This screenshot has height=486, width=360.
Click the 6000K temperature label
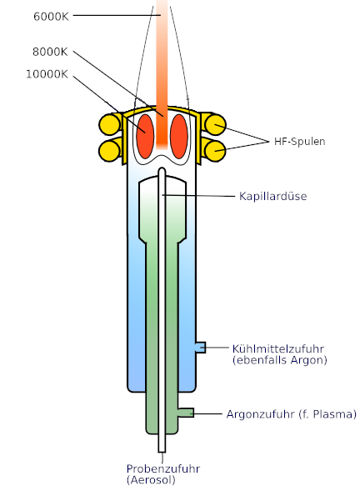coord(51,17)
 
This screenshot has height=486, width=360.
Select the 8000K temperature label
coord(50,52)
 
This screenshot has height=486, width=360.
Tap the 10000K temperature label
coord(47,74)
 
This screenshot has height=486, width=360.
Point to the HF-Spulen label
coord(300,142)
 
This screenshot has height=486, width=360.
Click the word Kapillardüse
coord(273,196)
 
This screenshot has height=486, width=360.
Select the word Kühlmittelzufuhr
coord(278,348)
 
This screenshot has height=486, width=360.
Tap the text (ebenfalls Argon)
coord(280,360)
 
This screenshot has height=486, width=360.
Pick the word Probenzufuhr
coord(163,468)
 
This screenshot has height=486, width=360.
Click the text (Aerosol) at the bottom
coord(152,480)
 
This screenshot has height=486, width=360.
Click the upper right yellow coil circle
coord(215,124)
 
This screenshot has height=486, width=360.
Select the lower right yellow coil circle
coord(215,151)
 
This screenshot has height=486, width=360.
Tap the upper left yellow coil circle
coord(110,124)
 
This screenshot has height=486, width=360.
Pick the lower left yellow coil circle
coord(110,151)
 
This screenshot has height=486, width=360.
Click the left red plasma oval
coord(145,137)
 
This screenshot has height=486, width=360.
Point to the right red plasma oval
coord(179,137)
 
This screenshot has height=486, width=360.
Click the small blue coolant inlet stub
coord(201,348)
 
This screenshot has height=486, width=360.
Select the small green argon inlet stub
coord(186,413)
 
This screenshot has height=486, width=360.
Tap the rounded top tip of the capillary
coord(162,169)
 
